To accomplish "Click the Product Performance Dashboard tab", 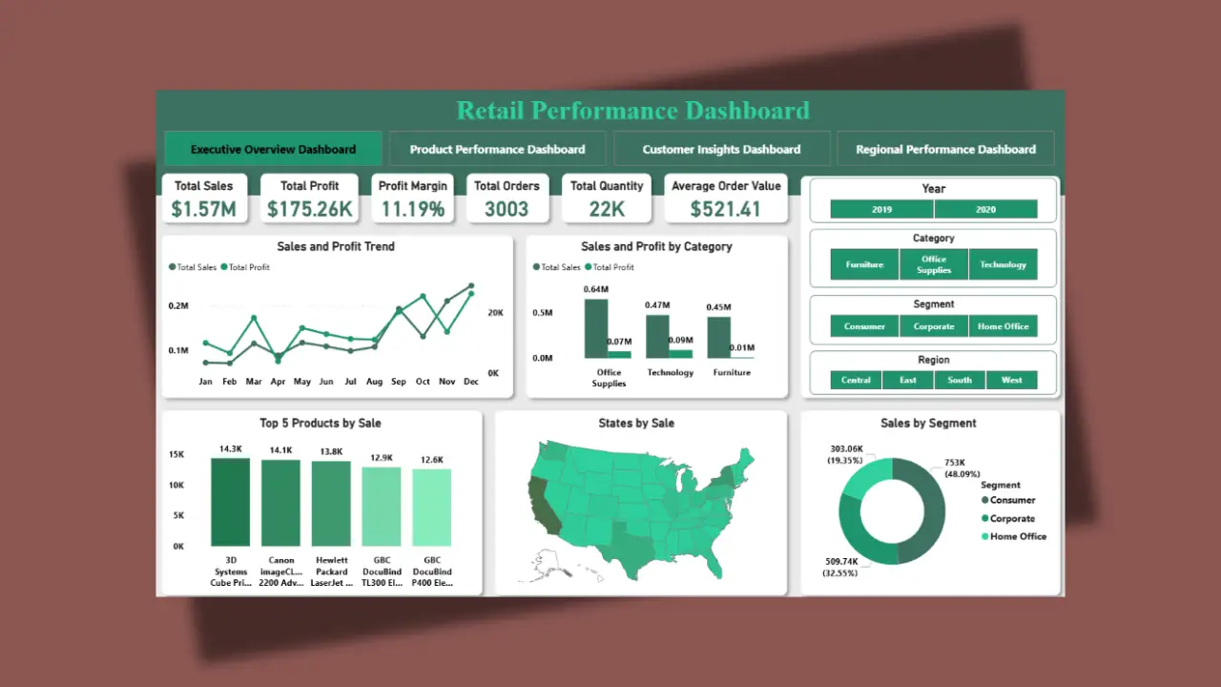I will tap(497, 149).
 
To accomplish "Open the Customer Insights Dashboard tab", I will tap(721, 149).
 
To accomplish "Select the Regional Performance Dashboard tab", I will tap(945, 149).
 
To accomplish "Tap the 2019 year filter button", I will tap(881, 209).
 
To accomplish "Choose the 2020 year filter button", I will tap(985, 209).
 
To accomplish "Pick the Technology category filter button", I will tap(1003, 264).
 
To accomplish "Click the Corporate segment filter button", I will tap(933, 326).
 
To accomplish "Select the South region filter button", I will tap(960, 380).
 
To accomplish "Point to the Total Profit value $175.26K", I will tap(309, 209).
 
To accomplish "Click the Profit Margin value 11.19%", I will tap(413, 209).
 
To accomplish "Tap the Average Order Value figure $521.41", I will tap(726, 209).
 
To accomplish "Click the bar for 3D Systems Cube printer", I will tap(230, 502).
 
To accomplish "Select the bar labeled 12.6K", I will tap(432, 507).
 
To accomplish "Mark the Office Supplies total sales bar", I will tap(596, 328).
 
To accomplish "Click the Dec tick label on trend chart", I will tap(470, 382).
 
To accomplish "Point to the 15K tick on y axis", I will tap(176, 455).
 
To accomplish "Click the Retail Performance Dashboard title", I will tap(632, 111).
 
